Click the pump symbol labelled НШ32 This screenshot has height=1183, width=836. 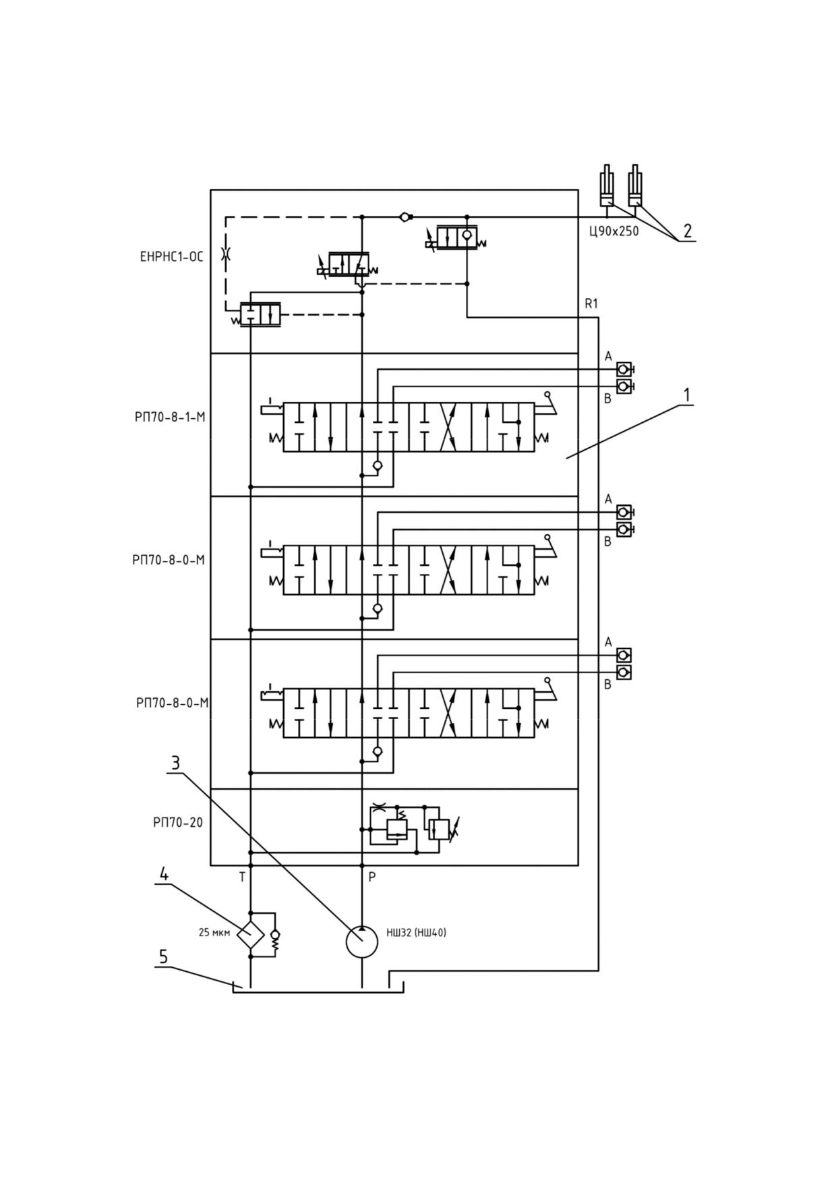tap(362, 942)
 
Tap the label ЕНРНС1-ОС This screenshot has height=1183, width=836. tap(171, 256)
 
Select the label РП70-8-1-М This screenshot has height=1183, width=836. tap(170, 417)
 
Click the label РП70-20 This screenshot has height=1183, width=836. tap(178, 823)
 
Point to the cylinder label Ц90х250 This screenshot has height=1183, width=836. tap(614, 231)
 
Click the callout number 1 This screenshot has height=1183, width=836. tap(687, 395)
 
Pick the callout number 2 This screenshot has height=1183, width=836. tap(687, 231)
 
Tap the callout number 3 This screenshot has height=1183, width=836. tap(175, 763)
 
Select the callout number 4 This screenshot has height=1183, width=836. tap(163, 873)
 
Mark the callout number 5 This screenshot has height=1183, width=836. tap(163, 956)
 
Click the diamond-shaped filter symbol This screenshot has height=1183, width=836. tap(250, 934)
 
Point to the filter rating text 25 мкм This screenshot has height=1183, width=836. tap(214, 933)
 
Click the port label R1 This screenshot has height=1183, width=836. tap(591, 304)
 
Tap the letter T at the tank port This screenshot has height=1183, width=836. tap(242, 877)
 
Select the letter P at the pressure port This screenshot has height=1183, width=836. tap(371, 877)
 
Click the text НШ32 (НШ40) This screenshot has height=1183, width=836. tap(416, 933)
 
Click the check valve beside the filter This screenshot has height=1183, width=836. tap(274, 935)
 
